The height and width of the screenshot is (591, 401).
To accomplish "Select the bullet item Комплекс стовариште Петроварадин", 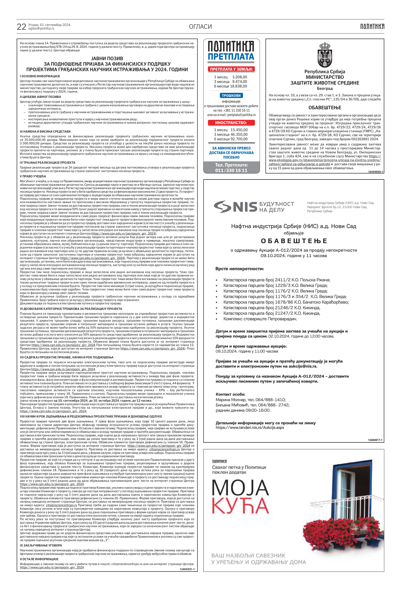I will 260,319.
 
